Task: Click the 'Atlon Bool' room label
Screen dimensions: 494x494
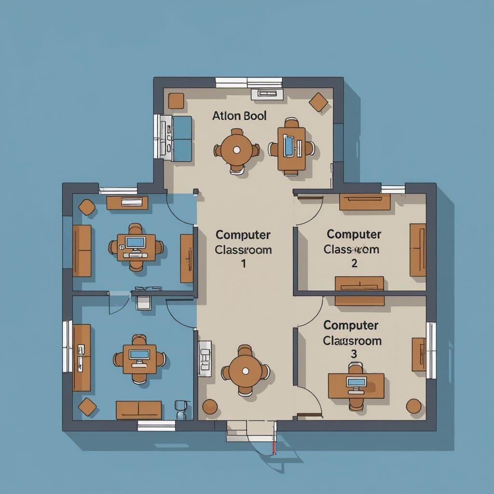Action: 239,116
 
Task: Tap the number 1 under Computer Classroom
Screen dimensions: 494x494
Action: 244,264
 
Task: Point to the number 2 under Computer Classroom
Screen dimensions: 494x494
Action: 354,263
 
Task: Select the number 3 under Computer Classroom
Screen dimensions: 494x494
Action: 354,354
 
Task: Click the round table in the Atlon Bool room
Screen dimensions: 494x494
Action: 236,150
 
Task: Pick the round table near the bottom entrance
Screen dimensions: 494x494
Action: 245,370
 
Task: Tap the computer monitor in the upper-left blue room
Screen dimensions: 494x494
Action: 136,242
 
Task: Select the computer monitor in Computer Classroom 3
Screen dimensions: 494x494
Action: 357,383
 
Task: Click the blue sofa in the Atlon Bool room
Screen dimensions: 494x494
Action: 182,138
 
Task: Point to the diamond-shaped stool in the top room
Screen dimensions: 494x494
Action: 318,102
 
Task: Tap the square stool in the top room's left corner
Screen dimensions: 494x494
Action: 176,101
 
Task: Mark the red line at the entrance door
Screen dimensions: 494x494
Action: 274,447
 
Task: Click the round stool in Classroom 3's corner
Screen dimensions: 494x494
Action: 413,406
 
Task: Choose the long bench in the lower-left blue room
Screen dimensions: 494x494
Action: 139,410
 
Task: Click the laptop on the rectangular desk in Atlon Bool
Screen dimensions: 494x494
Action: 288,146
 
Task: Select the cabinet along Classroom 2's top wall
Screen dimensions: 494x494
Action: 365,202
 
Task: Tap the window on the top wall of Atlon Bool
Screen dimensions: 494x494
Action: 248,82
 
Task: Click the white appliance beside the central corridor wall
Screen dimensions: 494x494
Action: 205,358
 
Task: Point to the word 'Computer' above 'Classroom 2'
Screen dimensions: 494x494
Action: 354,235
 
